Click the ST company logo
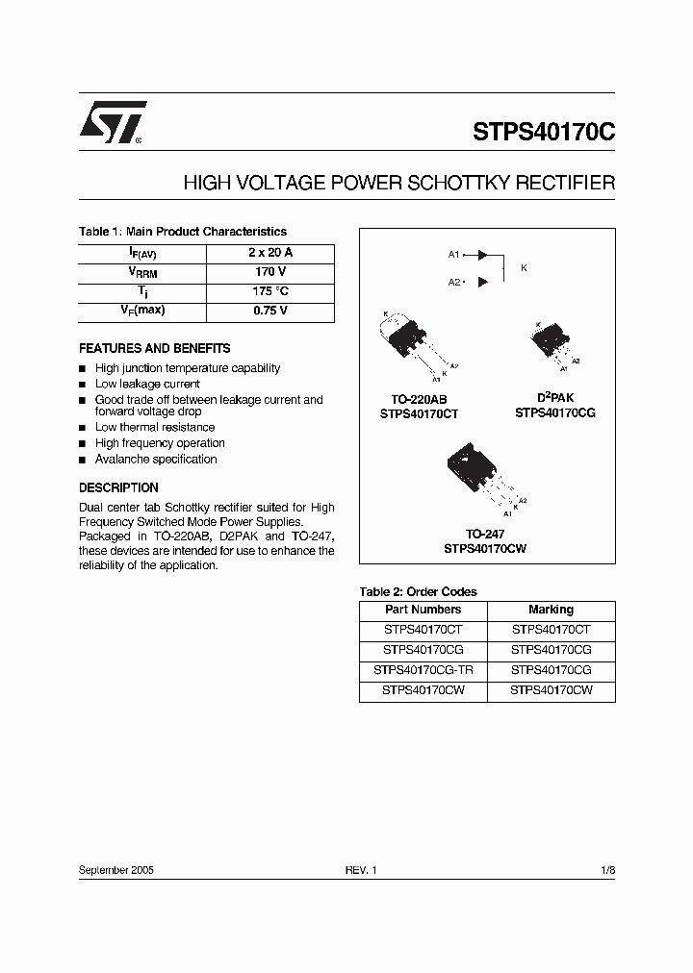[112, 122]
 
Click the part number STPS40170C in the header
[543, 132]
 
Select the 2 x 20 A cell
[270, 252]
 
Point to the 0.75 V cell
[270, 311]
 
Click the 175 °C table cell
[270, 290]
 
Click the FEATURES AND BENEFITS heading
[154, 348]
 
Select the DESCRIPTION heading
[118, 487]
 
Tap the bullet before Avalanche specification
[83, 460]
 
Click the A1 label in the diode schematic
[454, 255]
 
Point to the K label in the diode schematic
[524, 268]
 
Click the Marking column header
[551, 610]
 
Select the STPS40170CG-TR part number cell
[423, 670]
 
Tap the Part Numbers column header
[423, 610]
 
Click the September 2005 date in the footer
[116, 869]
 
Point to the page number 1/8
[606, 869]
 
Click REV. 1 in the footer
[362, 869]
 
